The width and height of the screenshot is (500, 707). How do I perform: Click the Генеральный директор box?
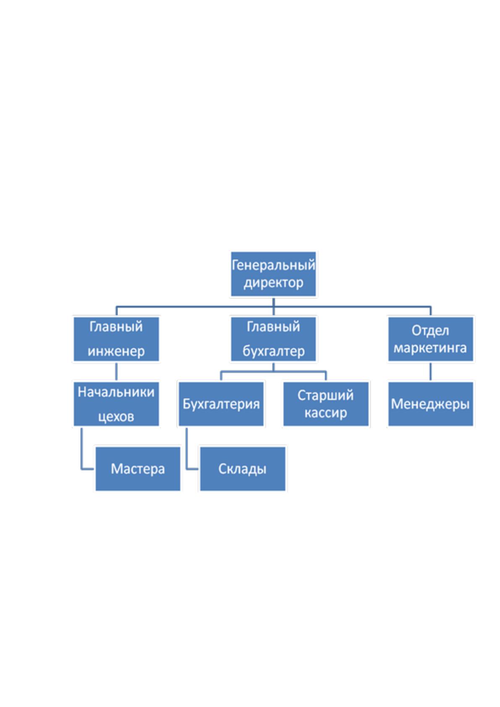click(273, 274)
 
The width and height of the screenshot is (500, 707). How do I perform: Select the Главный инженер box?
click(116, 339)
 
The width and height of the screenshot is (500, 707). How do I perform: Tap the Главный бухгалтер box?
click(273, 339)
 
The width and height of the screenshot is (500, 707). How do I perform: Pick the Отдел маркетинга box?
click(431, 339)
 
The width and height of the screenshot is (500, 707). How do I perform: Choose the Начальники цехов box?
click(116, 404)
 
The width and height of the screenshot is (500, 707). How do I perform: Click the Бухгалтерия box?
click(221, 404)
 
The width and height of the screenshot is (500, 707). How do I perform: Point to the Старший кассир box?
click(326, 404)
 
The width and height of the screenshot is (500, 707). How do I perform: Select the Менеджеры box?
click(431, 404)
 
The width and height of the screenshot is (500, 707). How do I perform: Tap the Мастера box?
click(138, 469)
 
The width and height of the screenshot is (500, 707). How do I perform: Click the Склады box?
click(243, 469)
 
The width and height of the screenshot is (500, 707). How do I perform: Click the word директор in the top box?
click(273, 283)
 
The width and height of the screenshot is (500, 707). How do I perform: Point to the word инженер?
click(116, 351)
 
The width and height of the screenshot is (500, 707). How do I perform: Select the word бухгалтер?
click(273, 351)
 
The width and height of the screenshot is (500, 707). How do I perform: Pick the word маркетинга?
click(430, 348)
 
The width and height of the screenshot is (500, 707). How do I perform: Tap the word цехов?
click(116, 416)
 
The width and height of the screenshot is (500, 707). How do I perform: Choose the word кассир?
click(326, 413)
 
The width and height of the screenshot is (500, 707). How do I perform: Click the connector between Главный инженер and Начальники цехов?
click(116, 372)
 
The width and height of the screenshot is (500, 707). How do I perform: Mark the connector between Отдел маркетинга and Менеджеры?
click(431, 372)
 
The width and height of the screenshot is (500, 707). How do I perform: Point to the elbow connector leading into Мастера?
click(81, 455)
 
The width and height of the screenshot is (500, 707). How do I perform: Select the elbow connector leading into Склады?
click(186, 455)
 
